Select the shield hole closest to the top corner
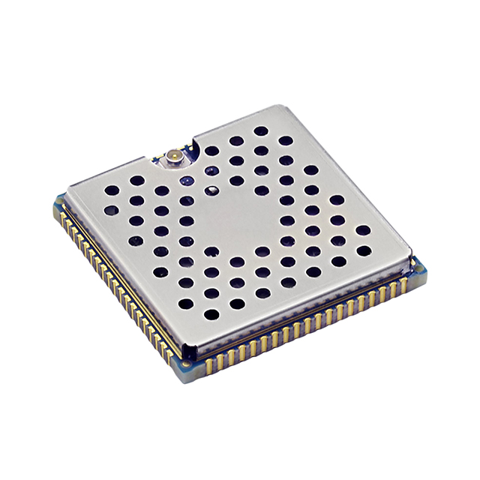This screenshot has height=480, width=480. pyautogui.click(x=260, y=130)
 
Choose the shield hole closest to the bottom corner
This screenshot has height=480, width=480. pyautogui.click(x=211, y=313)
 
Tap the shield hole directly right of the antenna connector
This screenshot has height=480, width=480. pyautogui.click(x=212, y=151)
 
